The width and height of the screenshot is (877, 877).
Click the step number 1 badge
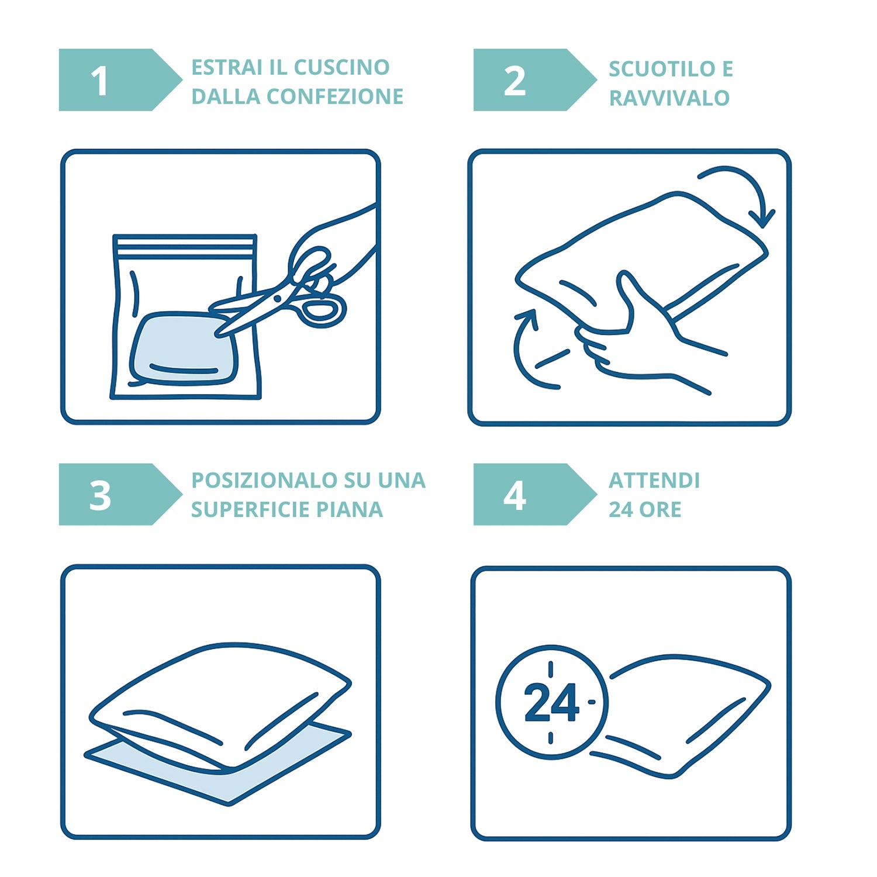click(120, 80)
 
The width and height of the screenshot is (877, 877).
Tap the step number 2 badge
click(534, 80)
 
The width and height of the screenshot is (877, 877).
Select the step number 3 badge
click(120, 494)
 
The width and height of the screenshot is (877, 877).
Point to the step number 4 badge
click(534, 494)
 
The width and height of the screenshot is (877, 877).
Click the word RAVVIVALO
click(669, 98)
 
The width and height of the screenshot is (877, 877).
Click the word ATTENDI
click(654, 481)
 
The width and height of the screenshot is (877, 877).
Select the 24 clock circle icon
click(551, 702)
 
